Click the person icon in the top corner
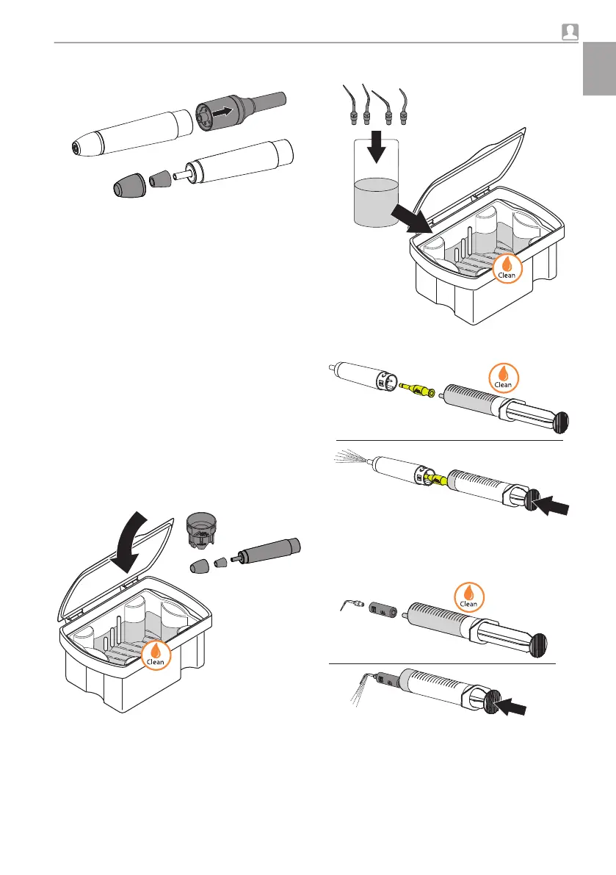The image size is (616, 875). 570,32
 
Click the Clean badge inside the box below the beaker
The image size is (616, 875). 507,268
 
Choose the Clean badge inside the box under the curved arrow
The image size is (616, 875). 156,652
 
